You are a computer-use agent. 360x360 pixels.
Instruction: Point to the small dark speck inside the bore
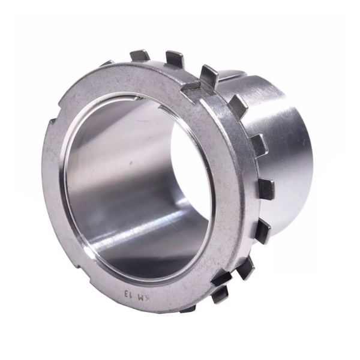(x=131, y=163)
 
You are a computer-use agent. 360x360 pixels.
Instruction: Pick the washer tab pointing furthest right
(x=267, y=190)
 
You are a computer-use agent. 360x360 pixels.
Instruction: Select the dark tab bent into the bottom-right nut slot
(x=222, y=278)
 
